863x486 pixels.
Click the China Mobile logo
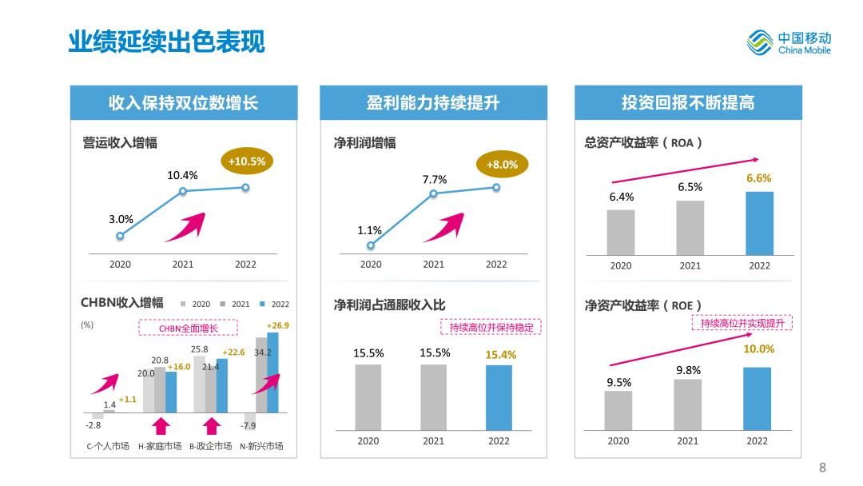coord(789,42)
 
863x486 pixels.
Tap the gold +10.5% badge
coord(247,161)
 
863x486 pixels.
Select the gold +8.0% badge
coord(502,165)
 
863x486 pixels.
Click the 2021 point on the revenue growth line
coord(183,191)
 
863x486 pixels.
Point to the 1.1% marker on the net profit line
coord(370,245)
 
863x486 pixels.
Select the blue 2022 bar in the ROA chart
coord(759,223)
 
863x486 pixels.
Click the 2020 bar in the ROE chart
coord(618,410)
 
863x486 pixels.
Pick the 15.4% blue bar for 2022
coord(499,397)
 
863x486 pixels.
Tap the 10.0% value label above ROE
coord(758,349)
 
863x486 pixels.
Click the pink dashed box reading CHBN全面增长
coord(188,328)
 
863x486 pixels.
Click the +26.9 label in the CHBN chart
coord(277,325)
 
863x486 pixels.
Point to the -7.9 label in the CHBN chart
coord(249,425)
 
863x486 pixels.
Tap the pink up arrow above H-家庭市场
coord(161,425)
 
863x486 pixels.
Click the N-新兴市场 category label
coord(261,446)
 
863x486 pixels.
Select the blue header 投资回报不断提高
coord(688,102)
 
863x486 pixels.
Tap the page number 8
coord(822,468)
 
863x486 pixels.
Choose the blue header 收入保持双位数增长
coord(184,102)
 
